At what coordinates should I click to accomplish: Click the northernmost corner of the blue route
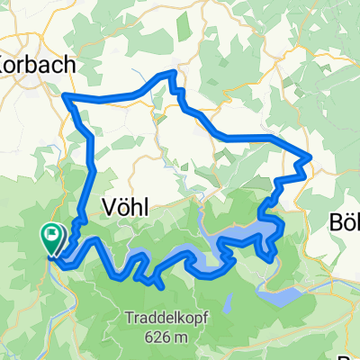coord(168,73)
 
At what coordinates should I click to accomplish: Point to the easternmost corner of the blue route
coord(310,158)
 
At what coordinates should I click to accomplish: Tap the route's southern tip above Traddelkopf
coord(160,287)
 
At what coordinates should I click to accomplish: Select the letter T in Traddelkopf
coord(132,317)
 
